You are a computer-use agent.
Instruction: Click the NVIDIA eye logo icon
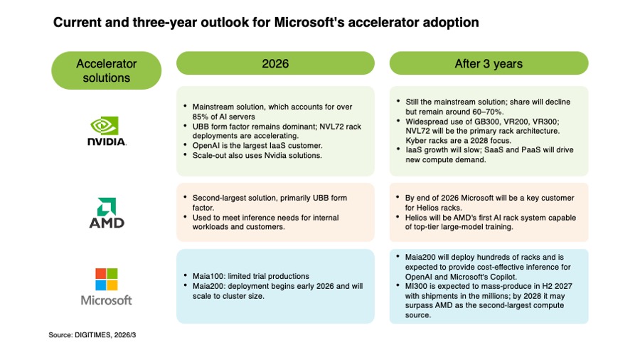tap(107, 126)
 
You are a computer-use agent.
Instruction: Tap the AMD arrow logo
tap(107, 205)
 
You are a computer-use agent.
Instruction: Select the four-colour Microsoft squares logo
tap(107, 278)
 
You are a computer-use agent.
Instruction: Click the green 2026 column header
tap(275, 63)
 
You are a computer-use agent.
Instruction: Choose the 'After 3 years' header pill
tap(489, 63)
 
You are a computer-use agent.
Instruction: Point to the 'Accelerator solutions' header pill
tap(107, 70)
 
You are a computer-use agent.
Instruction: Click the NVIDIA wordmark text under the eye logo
tap(107, 141)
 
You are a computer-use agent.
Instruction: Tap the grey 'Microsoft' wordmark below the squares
tap(107, 300)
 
